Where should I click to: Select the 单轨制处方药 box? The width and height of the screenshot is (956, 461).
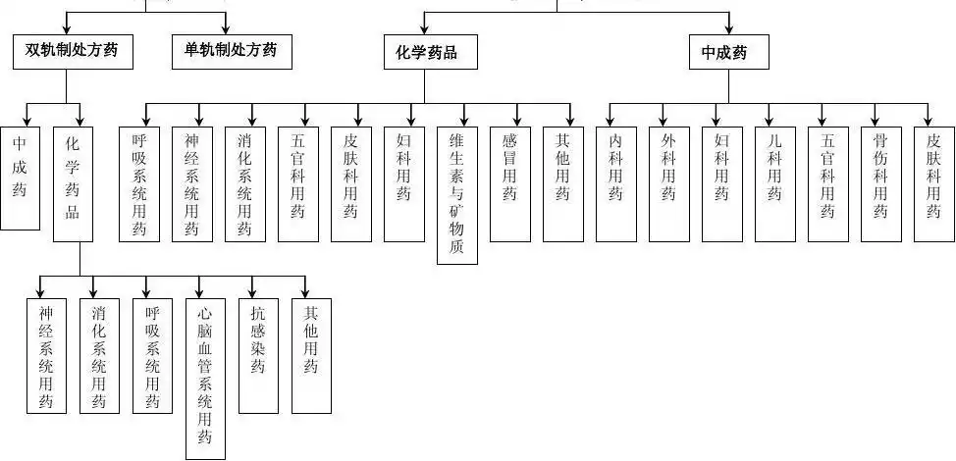(224, 51)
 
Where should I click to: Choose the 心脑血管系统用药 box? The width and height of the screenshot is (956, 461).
(204, 378)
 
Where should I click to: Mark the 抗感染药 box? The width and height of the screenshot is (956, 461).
(257, 354)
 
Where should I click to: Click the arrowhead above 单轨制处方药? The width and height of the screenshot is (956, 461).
(226, 28)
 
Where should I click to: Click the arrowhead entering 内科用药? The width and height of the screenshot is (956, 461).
(610, 119)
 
